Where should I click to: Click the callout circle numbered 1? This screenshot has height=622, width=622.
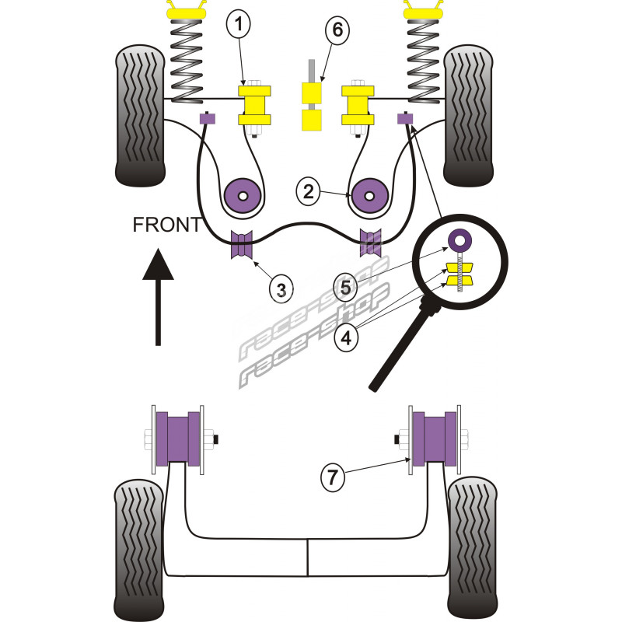239,26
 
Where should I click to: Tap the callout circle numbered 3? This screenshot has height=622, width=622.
281,290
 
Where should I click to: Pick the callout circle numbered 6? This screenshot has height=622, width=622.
337,32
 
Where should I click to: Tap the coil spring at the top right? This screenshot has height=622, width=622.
425,59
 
